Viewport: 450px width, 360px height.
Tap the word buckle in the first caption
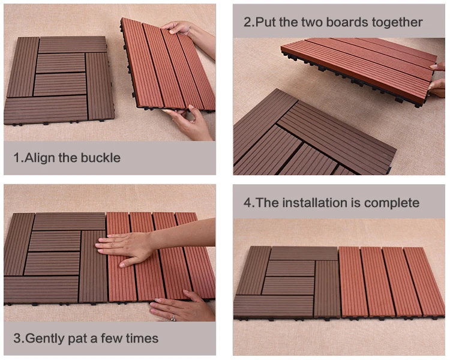pyautogui.click(x=100, y=158)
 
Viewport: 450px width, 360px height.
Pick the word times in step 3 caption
pyautogui.click(x=142, y=338)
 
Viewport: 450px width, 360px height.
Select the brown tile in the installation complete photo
pyautogui.click(x=287, y=281)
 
